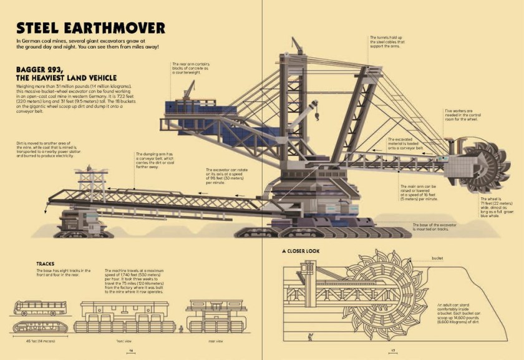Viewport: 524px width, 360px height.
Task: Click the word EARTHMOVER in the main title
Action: click(119, 28)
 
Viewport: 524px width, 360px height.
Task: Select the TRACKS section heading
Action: click(49, 263)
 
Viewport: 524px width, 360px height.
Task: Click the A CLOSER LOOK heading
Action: click(305, 251)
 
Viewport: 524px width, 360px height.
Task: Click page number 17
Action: click(394, 351)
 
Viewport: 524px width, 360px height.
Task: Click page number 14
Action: click(131, 351)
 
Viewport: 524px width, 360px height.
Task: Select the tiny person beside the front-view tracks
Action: click(180, 328)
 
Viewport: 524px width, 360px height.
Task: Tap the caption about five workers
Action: click(464, 115)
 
